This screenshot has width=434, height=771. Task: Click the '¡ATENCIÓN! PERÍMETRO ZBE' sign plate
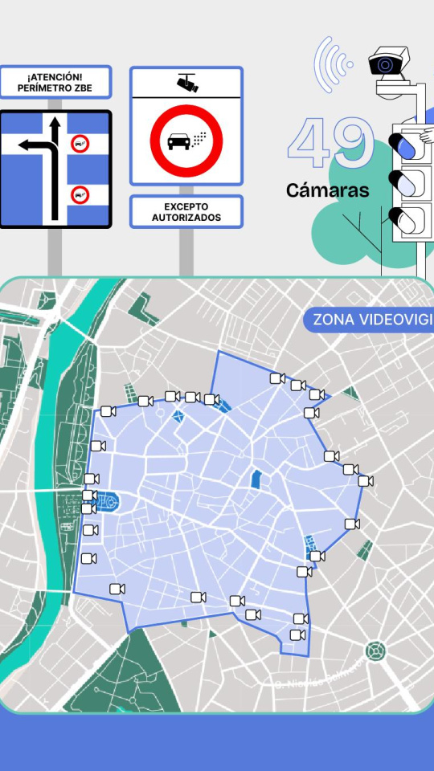click(x=55, y=82)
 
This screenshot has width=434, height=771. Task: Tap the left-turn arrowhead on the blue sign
click(x=24, y=145)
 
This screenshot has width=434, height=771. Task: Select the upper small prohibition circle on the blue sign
click(x=80, y=145)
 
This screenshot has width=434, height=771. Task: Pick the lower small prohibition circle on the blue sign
click(x=80, y=194)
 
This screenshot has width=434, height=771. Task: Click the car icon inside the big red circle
click(x=179, y=143)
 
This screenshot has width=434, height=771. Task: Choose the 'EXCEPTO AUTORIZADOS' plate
click(x=186, y=212)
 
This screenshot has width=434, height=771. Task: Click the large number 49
click(x=330, y=145)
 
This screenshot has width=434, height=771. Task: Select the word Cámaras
click(x=328, y=191)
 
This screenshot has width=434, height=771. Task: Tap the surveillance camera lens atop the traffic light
click(x=387, y=64)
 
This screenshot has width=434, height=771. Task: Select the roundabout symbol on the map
click(x=374, y=650)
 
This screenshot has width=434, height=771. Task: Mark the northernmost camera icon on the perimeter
click(x=277, y=377)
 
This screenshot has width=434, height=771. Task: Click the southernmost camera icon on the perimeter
click(x=297, y=635)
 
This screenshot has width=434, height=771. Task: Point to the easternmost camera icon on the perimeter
click(x=366, y=481)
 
